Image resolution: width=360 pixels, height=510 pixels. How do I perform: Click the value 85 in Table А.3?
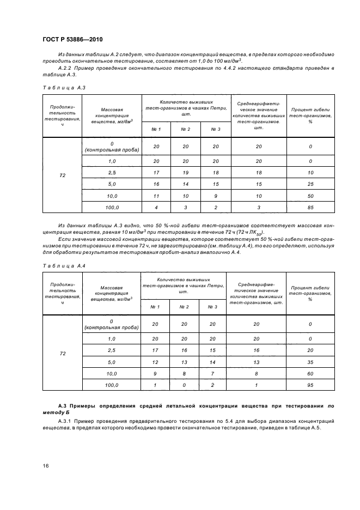(x=310, y=207)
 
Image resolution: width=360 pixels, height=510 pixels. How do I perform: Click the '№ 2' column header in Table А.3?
(x=185, y=129)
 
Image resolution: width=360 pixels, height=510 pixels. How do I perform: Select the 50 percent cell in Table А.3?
(x=310, y=195)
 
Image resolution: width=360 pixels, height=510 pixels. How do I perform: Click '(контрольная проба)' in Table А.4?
(x=112, y=327)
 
